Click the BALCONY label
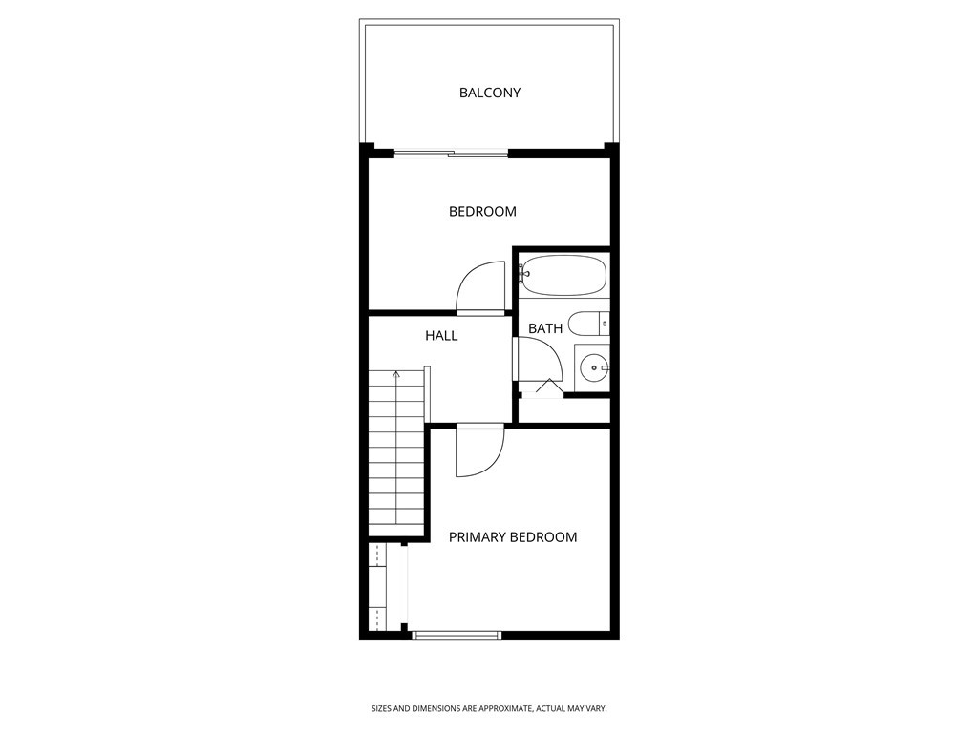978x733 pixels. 489,93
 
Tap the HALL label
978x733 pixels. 441,335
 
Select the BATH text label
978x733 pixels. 545,328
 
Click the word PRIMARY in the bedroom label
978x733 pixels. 478,537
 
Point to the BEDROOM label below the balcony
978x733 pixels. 482,211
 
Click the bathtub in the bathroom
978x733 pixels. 564,275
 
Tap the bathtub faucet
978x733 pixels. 523,275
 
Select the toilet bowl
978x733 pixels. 583,324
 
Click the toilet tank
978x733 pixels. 604,324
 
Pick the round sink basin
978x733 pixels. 594,366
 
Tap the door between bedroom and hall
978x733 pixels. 480,288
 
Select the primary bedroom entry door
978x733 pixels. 480,452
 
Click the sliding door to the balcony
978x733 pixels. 452,153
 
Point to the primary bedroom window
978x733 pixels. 457,635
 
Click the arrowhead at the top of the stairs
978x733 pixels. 395,373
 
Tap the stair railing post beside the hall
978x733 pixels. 428,393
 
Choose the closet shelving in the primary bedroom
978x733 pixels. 378,586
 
